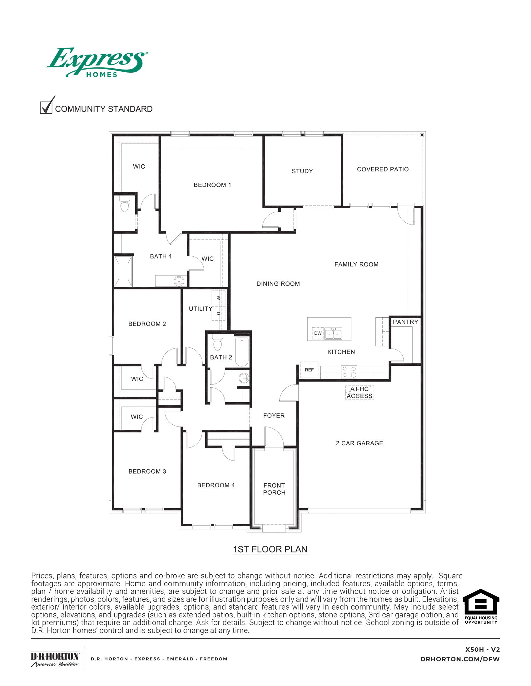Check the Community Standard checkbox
click(46, 108)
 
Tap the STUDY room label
click(302, 171)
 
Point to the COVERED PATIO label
click(383, 169)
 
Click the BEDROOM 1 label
click(212, 185)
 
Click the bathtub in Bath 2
click(242, 352)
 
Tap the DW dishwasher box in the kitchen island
click(318, 333)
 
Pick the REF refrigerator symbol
click(309, 370)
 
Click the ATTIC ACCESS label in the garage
click(359, 393)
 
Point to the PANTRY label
click(405, 322)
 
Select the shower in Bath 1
click(123, 271)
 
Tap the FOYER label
click(274, 416)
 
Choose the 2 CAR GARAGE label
click(359, 443)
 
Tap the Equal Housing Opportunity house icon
click(481, 605)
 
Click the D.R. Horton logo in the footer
click(55, 659)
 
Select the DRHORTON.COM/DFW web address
click(459, 659)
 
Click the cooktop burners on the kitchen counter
click(349, 372)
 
